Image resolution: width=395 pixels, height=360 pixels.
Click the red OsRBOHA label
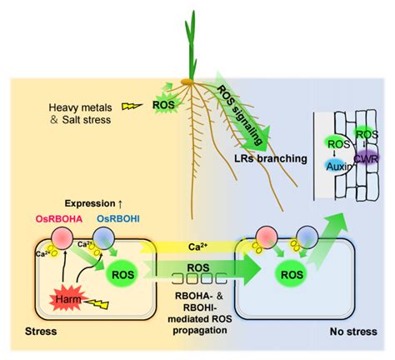pyautogui.click(x=59, y=219)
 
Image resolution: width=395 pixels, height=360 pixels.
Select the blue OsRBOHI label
pyautogui.click(x=118, y=219)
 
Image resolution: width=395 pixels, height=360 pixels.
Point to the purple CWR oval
pyautogui.click(x=367, y=159)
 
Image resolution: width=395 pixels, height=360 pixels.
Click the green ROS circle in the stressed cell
pyautogui.click(x=122, y=275)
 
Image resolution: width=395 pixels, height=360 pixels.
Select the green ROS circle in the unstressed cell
pyautogui.click(x=292, y=275)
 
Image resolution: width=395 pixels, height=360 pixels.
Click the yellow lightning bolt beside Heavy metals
pyautogui.click(x=132, y=106)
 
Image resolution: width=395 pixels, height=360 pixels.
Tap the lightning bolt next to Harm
pyautogui.click(x=97, y=304)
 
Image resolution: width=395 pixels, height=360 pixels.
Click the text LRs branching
pyautogui.click(x=271, y=158)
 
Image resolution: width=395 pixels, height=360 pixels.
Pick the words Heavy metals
pyautogui.click(x=80, y=107)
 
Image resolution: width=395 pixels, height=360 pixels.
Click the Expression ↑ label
pyautogui.click(x=93, y=203)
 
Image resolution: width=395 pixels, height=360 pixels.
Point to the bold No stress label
pyautogui.click(x=353, y=332)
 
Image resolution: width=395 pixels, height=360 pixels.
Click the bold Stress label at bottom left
pyautogui.click(x=41, y=332)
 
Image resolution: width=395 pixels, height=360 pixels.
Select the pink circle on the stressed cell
pyautogui.click(x=62, y=238)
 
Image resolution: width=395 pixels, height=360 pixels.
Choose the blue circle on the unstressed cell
pyautogui.click(x=307, y=237)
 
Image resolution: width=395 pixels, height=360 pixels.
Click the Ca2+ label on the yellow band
pyautogui.click(x=197, y=247)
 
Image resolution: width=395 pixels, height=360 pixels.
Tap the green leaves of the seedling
pyautogui.click(x=191, y=46)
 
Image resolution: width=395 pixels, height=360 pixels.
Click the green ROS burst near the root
pyautogui.click(x=163, y=105)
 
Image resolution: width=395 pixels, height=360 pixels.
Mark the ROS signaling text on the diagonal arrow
pyautogui.click(x=240, y=115)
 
